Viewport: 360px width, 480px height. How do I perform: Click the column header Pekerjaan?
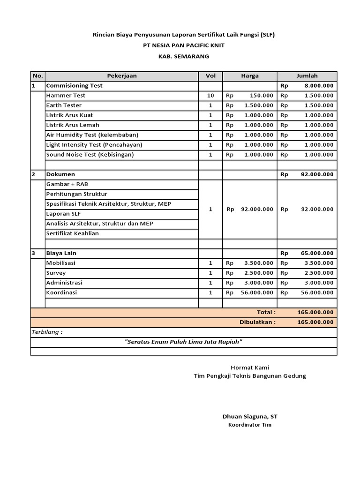pos(121,76)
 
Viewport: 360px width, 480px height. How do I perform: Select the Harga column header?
pos(249,76)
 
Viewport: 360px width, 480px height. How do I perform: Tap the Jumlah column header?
pos(307,76)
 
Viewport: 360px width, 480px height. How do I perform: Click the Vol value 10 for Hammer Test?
pos(210,96)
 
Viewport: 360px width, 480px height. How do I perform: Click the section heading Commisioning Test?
pos(74,86)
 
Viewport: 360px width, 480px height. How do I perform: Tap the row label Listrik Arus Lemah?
pos(73,125)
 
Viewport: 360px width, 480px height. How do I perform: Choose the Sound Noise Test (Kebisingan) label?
pos(90,155)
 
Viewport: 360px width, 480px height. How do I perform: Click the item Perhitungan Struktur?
pos(77,194)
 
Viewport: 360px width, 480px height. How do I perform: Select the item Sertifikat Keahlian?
pos(73,233)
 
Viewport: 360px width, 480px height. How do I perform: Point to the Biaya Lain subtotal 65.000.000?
pos(317,253)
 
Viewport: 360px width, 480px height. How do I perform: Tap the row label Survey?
pos(56,273)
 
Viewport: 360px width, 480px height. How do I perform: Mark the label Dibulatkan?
pos(257,322)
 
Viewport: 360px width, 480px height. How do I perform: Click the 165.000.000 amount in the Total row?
pos(315,312)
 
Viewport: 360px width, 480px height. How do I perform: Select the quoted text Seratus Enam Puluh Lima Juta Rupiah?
pos(183,342)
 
